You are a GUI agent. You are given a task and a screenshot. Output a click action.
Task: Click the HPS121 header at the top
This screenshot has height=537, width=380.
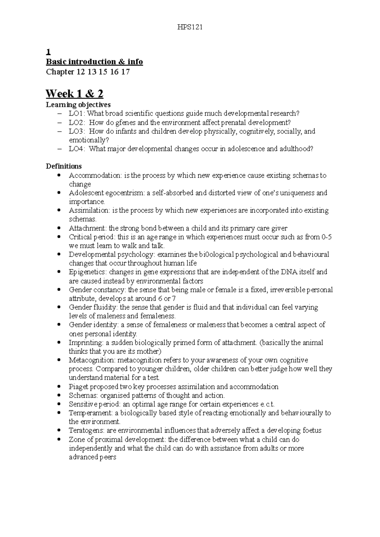tap(190, 27)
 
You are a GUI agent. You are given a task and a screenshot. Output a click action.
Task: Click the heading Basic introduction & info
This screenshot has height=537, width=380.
tap(94, 62)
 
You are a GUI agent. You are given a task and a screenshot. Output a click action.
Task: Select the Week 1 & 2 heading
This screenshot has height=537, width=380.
tap(74, 94)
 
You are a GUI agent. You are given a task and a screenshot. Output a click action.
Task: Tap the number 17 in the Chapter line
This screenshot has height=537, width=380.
tap(125, 72)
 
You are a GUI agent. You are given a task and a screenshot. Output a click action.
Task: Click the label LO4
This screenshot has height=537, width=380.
tap(76, 149)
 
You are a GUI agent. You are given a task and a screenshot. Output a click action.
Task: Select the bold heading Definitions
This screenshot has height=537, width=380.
tap(64, 166)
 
